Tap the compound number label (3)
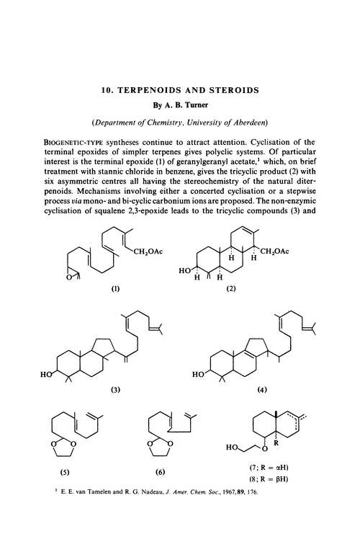coord(113,390)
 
